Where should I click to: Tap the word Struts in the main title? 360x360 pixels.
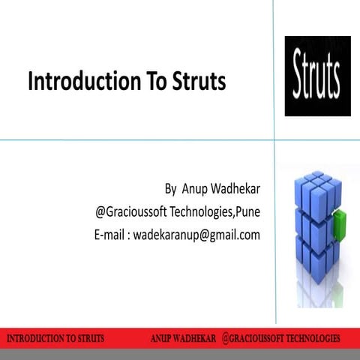(x=197, y=82)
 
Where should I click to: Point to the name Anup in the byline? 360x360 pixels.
(x=195, y=187)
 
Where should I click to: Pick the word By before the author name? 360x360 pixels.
(x=171, y=187)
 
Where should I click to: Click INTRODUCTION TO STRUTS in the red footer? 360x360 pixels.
(x=55, y=337)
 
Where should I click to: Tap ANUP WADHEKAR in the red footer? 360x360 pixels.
(x=183, y=337)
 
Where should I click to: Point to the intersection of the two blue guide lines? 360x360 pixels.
(x=274, y=139)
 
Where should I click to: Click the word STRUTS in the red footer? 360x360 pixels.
(x=88, y=337)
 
